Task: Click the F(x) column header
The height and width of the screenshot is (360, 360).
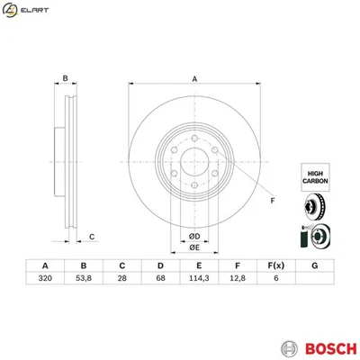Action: click(x=274, y=265)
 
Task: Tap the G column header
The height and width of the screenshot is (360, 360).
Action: click(x=314, y=265)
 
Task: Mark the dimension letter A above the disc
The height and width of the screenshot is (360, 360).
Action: click(x=193, y=79)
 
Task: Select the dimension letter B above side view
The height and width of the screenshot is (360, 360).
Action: click(x=66, y=78)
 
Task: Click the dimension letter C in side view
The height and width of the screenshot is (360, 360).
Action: click(x=93, y=237)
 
